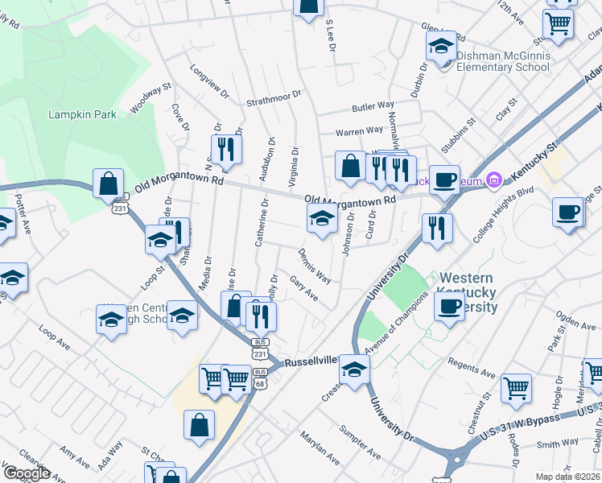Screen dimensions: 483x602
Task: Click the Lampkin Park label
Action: tap(82, 114)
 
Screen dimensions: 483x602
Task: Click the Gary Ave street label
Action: tap(303, 288)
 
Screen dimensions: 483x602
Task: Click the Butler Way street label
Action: tap(373, 106)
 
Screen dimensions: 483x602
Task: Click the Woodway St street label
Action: tap(150, 95)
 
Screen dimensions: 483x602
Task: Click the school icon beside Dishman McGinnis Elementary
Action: tap(441, 48)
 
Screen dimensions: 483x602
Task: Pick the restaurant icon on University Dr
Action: tap(437, 228)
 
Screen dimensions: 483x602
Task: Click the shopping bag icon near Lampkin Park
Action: tap(109, 184)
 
